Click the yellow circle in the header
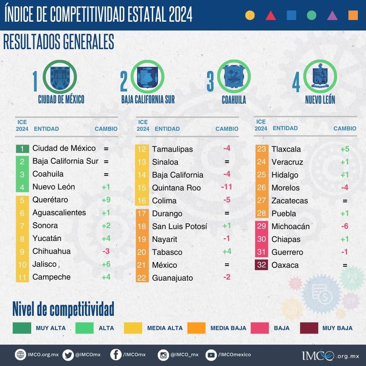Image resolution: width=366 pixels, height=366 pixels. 250,15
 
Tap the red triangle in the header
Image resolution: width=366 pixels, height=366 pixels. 271,15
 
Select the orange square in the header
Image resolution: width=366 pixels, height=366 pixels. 353,15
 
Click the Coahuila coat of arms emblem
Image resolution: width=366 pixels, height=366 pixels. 234,76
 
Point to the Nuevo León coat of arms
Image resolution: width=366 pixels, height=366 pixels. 320,76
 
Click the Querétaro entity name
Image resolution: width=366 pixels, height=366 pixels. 50,200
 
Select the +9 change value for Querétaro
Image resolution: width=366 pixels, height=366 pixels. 106,200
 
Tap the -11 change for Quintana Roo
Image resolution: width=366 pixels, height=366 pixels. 226,187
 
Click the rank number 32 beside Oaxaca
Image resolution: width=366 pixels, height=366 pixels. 262,265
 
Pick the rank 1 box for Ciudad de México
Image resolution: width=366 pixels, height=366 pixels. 22,148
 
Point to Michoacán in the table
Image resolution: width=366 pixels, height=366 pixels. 291,226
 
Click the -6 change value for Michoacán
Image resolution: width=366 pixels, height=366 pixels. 345,226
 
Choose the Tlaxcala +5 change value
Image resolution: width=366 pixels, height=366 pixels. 345,149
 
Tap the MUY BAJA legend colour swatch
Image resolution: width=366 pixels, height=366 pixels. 309,328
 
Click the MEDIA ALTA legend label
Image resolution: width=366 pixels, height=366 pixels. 165,328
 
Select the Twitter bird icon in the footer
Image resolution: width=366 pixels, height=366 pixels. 68,355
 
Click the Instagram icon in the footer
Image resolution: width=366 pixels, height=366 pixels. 163,355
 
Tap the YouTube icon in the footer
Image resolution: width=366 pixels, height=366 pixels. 211,355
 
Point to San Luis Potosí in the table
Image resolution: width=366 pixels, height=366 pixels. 180,226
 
